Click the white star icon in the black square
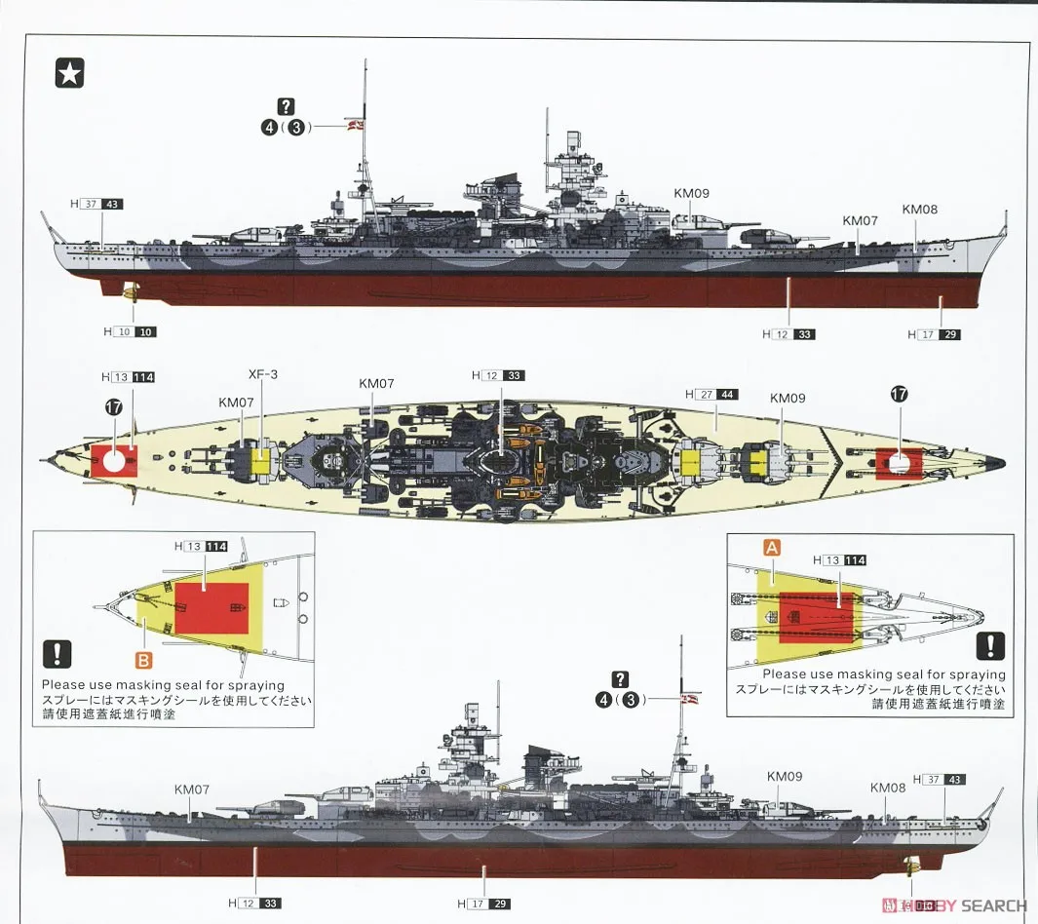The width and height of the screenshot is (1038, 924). tap(69, 73)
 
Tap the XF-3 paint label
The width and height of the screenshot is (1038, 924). tap(259, 373)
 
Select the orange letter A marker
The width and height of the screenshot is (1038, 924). tap(771, 549)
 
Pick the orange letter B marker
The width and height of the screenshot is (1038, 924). tap(143, 660)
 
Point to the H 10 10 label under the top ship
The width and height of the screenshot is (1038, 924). tap(129, 332)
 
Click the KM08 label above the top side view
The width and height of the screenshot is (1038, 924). tap(918, 209)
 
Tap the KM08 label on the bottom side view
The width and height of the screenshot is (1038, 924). tap(887, 788)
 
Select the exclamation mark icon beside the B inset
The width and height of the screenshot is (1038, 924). tap(58, 654)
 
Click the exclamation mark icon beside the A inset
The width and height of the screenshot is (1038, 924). tap(990, 645)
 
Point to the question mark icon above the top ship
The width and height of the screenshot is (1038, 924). tap(286, 107)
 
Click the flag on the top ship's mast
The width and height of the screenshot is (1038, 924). tap(357, 125)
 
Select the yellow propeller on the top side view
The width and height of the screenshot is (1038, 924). tap(130, 289)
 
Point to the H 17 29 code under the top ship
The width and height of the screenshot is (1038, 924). tap(934, 334)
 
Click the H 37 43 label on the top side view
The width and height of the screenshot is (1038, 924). tap(96, 205)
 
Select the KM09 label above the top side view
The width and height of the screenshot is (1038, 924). tap(690, 193)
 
